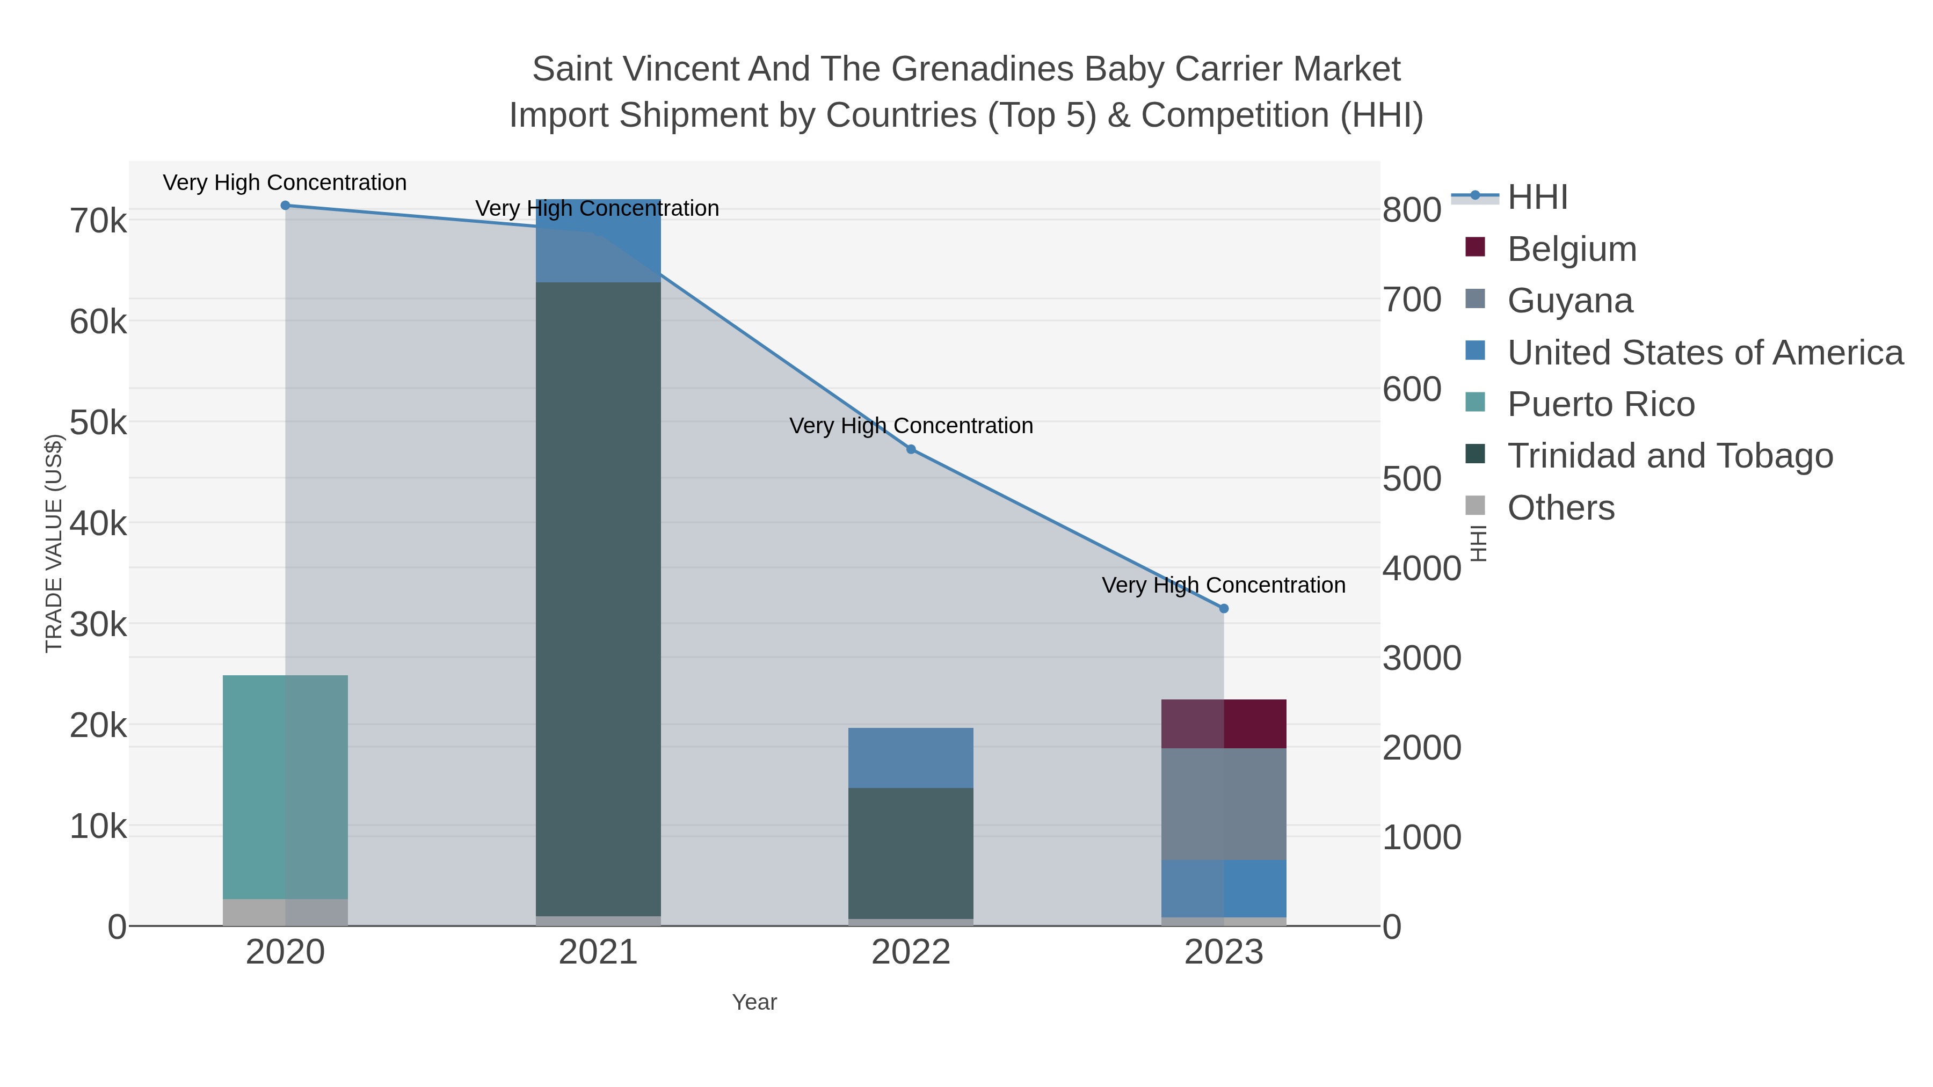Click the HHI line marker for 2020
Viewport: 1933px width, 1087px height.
[285, 206]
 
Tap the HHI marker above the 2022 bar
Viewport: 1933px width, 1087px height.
[911, 449]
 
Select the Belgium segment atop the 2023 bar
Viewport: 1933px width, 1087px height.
[1224, 724]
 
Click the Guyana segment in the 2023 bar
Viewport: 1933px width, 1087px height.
[1224, 804]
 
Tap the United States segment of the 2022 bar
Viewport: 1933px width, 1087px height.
[911, 757]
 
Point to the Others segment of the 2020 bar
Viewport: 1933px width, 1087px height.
[285, 912]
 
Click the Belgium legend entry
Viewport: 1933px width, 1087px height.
[1571, 249]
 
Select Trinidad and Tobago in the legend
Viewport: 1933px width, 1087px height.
[1669, 456]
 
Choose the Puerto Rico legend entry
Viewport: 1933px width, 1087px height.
[1601, 404]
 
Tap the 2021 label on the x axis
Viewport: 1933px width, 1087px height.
[598, 953]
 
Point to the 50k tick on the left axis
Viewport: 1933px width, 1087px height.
[98, 423]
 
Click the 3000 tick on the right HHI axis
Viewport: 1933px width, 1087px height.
[1421, 659]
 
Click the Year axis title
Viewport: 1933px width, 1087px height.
[754, 1002]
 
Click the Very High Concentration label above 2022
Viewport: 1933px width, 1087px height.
[911, 426]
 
